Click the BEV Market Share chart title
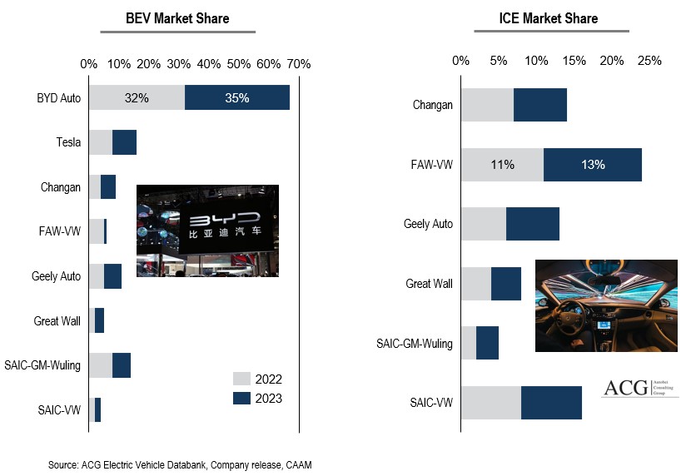[x=176, y=18]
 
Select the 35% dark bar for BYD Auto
[x=236, y=97]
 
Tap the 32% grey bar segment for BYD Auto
[x=137, y=97]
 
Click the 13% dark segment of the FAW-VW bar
[x=592, y=165]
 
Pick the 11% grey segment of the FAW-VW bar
[x=501, y=165]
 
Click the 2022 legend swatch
[x=241, y=379]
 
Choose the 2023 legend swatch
[x=241, y=399]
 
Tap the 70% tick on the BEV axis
[x=298, y=63]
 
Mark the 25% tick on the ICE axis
[x=649, y=60]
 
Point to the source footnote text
[x=180, y=464]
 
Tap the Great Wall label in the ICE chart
[x=429, y=284]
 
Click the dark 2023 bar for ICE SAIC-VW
[x=551, y=403]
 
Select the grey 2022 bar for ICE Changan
[x=487, y=105]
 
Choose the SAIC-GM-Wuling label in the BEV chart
[x=47, y=365]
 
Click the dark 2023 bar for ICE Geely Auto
[x=533, y=225]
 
